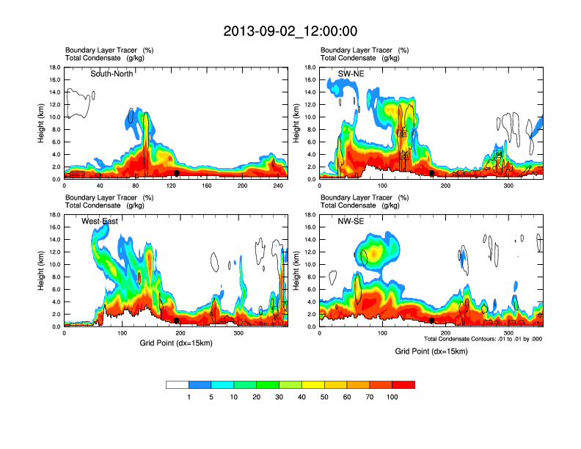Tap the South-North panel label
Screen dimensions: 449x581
pyautogui.click(x=112, y=73)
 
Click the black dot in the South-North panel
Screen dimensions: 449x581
pyautogui.click(x=176, y=173)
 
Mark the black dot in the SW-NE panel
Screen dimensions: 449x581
pyautogui.click(x=432, y=173)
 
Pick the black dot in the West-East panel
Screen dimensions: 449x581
pyautogui.click(x=176, y=321)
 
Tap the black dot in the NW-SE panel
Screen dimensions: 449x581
pyautogui.click(x=432, y=321)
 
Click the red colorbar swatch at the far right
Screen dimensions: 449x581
pyautogui.click(x=403, y=384)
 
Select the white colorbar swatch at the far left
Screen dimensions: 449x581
pyautogui.click(x=178, y=384)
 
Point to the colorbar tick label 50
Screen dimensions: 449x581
pyautogui.click(x=324, y=397)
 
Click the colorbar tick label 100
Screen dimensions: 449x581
pyautogui.click(x=392, y=397)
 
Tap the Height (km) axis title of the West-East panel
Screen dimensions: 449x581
pyautogui.click(x=42, y=271)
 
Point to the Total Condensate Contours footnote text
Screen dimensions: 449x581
pyautogui.click(x=483, y=339)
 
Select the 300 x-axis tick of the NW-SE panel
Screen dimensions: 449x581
pyautogui.click(x=494, y=334)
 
